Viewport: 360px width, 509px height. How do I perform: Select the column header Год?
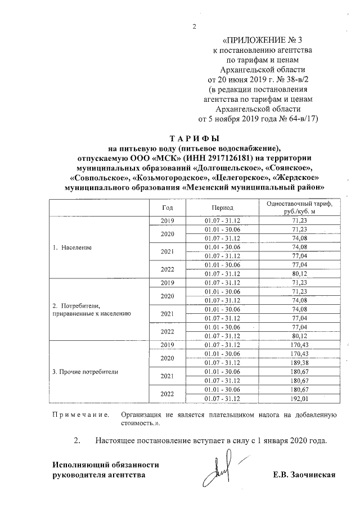pos(168,208)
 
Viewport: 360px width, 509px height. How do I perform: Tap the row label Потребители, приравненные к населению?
pos(91,309)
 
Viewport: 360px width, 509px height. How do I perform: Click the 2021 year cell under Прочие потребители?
pos(168,376)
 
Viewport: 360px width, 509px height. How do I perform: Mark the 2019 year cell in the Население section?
pos(168,220)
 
